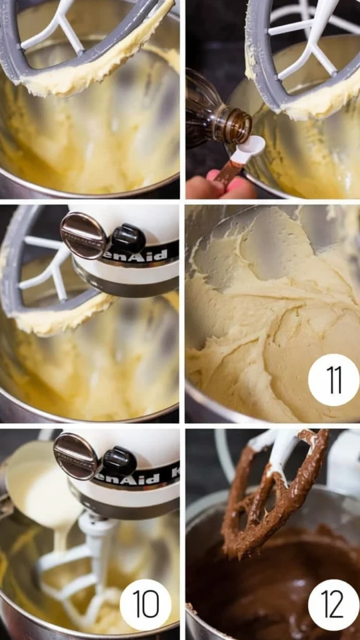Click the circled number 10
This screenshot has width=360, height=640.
pos(146,604)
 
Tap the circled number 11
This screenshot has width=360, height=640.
pos(333,379)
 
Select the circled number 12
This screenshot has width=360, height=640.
pos(333,604)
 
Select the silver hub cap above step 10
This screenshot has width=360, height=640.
pos(76,456)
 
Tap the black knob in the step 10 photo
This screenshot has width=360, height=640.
pos(119,462)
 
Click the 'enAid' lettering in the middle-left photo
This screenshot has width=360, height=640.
pos(144,254)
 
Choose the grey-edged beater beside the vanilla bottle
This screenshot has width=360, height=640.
pos(294,62)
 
